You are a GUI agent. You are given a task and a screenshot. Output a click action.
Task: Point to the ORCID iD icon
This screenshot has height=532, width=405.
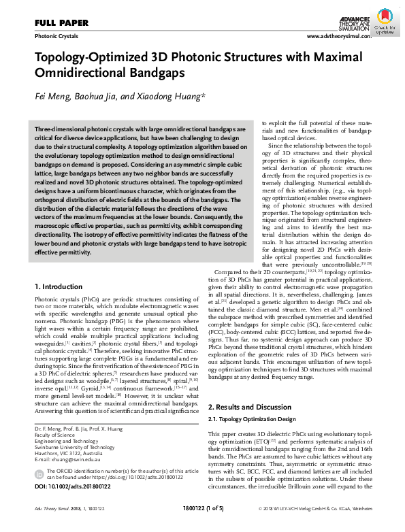click(40, 473)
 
